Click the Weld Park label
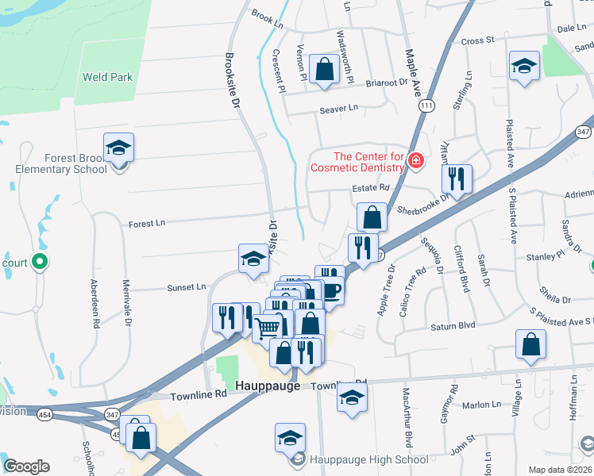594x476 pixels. [x=108, y=78]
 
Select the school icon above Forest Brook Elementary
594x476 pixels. [x=118, y=148]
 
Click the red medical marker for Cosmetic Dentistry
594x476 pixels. [x=415, y=162]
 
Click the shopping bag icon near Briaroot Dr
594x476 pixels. [x=325, y=70]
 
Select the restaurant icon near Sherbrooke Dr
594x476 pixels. [x=457, y=179]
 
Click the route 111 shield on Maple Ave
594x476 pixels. [x=428, y=106]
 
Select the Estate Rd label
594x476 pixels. [x=372, y=188]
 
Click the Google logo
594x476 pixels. [x=26, y=466]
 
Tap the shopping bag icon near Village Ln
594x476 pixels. [x=530, y=345]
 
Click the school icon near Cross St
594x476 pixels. [x=524, y=67]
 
